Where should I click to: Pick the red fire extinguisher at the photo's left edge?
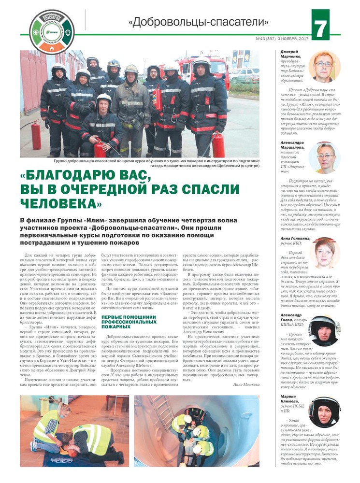click(x=36, y=135)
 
